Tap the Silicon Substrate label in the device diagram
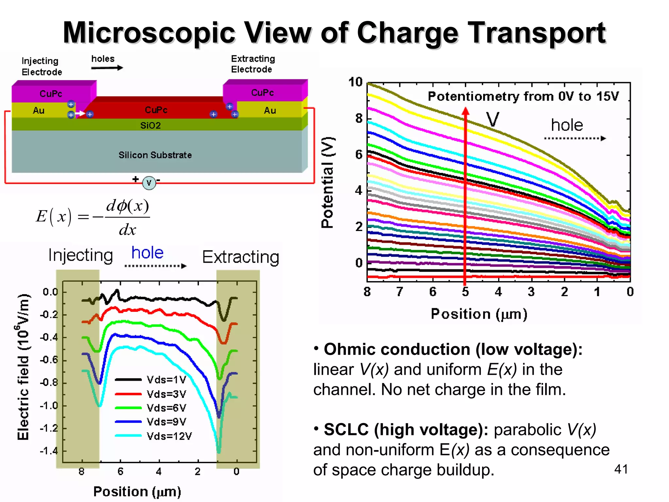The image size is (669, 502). tap(155, 155)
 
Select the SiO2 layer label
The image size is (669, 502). tap(150, 125)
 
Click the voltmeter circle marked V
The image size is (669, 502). tap(149, 183)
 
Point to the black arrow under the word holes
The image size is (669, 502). tap(107, 68)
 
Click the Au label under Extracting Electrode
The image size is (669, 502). tap(270, 110)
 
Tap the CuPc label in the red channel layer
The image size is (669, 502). tap(156, 110)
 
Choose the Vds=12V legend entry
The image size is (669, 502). tap(169, 436)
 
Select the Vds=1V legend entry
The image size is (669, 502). tap(166, 379)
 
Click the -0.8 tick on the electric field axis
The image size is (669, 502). tap(49, 382)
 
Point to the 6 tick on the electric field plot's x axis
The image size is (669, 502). tap(120, 472)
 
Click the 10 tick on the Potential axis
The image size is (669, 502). tap(355, 82)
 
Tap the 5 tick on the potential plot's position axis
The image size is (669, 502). tap(465, 292)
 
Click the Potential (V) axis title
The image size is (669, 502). tap(327, 182)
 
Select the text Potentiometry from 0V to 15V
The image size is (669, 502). tap(523, 96)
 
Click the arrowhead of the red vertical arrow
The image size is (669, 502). tap(465, 111)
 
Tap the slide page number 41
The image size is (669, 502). tap(621, 469)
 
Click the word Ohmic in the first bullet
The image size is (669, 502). tap(350, 349)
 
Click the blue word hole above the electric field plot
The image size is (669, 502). tap(147, 253)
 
